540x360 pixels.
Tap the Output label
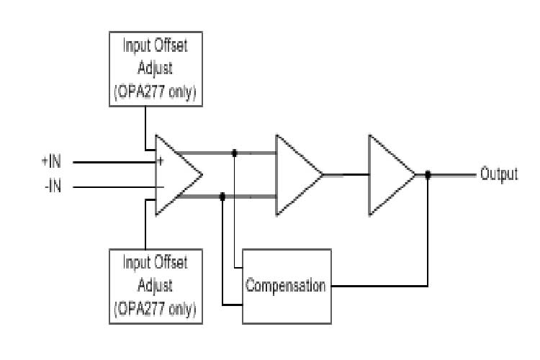point(499,174)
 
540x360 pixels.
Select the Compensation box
point(287,286)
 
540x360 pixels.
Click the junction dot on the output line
point(428,174)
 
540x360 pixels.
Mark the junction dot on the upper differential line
point(235,153)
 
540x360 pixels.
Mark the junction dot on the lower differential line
point(222,195)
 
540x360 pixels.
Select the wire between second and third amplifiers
point(346,174)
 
